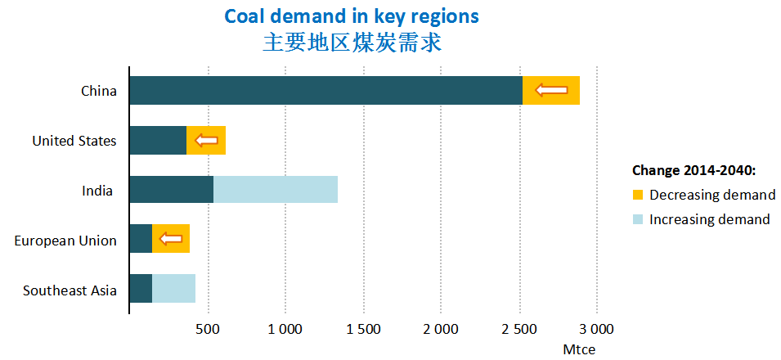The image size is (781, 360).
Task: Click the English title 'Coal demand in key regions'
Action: [x=352, y=16]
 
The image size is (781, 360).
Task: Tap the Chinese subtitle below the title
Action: [x=352, y=43]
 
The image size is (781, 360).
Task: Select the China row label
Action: [x=99, y=91]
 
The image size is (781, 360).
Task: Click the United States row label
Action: [x=74, y=141]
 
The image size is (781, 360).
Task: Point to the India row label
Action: [x=97, y=191]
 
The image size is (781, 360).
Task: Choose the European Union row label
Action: [x=65, y=241]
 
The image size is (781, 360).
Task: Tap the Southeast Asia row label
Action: [x=70, y=290]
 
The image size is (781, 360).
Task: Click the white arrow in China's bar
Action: [x=551, y=90]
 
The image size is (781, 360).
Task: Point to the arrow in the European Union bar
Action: [x=171, y=239]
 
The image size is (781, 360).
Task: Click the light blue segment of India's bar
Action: [x=276, y=190]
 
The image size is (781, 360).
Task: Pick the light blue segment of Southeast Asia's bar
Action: [x=173, y=289]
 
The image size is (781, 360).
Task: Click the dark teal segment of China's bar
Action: [x=325, y=90]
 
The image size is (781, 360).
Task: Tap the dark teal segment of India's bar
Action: [x=171, y=190]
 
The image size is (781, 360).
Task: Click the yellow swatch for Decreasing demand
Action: [x=638, y=195]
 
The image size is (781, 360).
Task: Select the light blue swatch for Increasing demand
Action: [x=638, y=219]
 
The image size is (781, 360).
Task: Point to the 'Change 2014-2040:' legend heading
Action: [x=693, y=170]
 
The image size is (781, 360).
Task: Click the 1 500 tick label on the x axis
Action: [x=363, y=330]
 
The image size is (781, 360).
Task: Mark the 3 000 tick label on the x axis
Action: [x=596, y=330]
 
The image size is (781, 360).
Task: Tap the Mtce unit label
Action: [x=580, y=349]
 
